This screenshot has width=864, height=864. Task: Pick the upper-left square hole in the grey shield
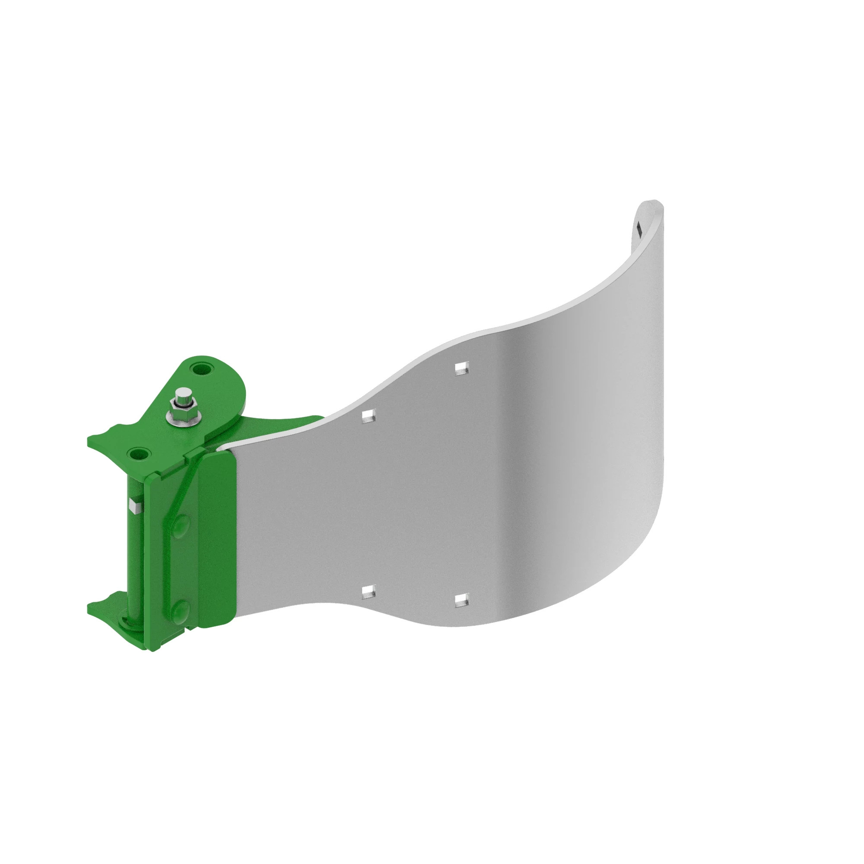coord(368,416)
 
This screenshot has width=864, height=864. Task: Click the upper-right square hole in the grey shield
coord(462,368)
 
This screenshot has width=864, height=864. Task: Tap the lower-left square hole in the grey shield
coord(368,592)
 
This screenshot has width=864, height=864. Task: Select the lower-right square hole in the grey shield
coord(462,600)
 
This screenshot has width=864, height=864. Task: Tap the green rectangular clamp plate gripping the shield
coord(217,537)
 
